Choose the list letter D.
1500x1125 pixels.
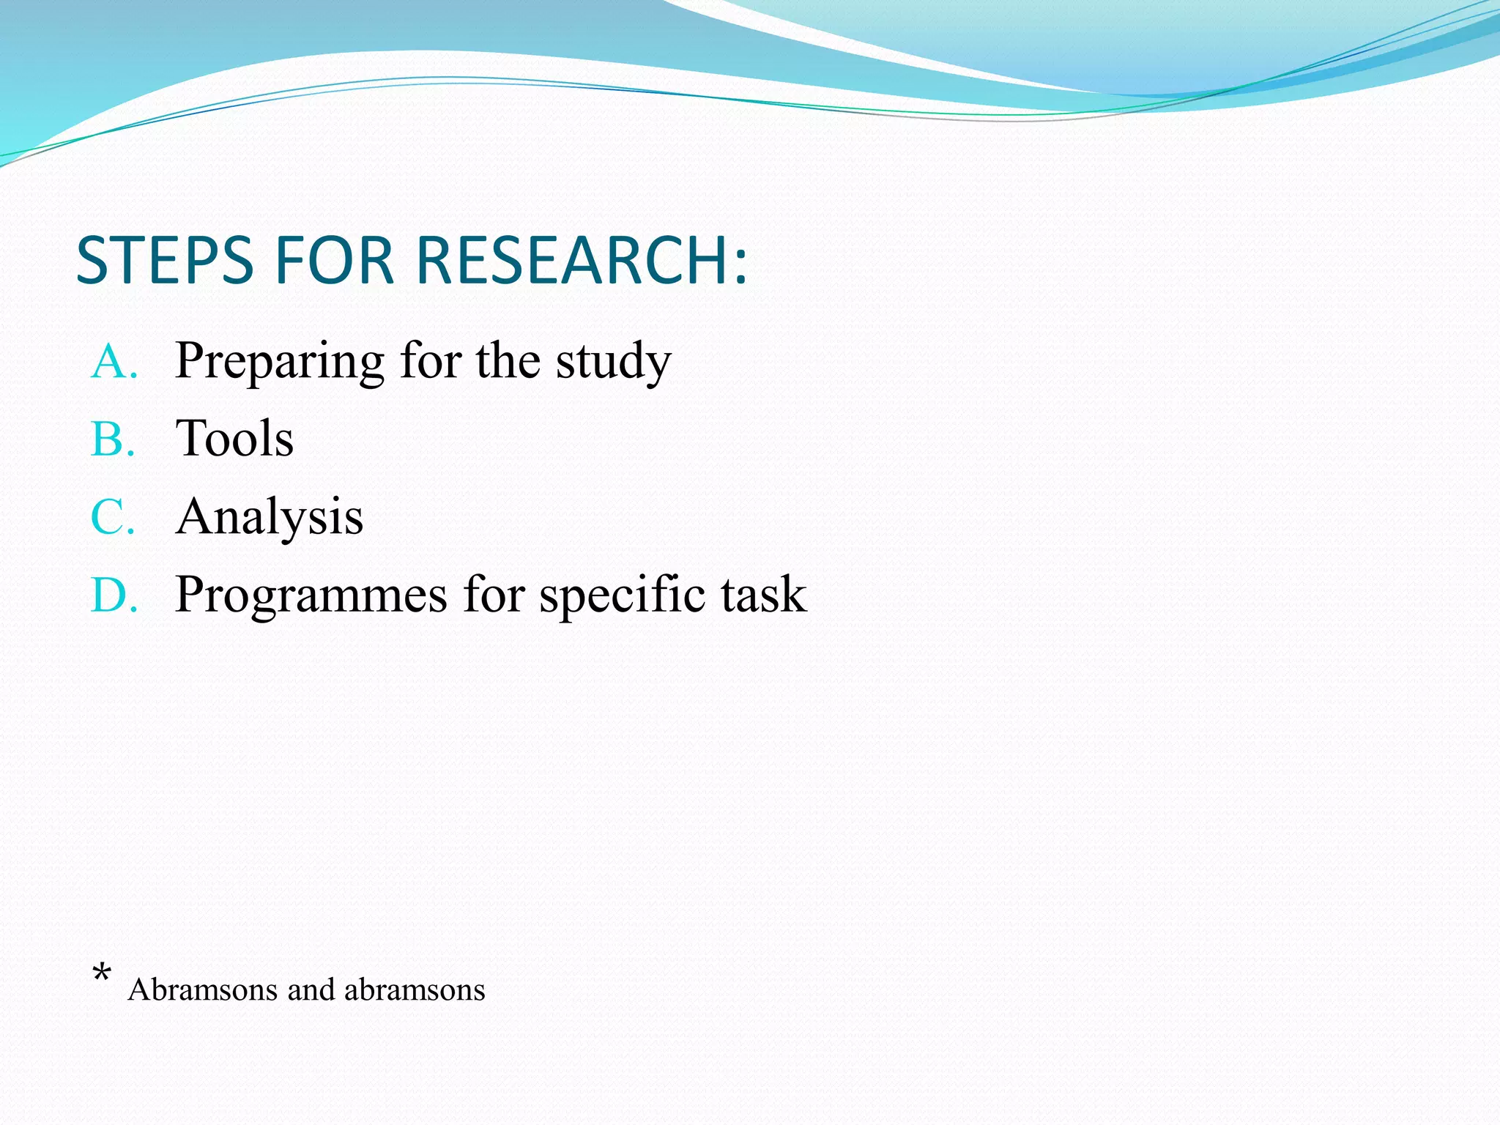(x=110, y=595)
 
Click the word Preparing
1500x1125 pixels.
(x=279, y=362)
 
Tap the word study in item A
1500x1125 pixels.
(x=613, y=362)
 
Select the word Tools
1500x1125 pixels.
(x=234, y=439)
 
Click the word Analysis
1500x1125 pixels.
(x=270, y=517)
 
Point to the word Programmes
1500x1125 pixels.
(x=311, y=595)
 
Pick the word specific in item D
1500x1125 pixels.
(x=623, y=595)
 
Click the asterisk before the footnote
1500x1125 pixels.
(x=102, y=974)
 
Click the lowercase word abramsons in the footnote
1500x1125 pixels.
(x=415, y=990)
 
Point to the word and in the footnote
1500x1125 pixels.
(x=311, y=990)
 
